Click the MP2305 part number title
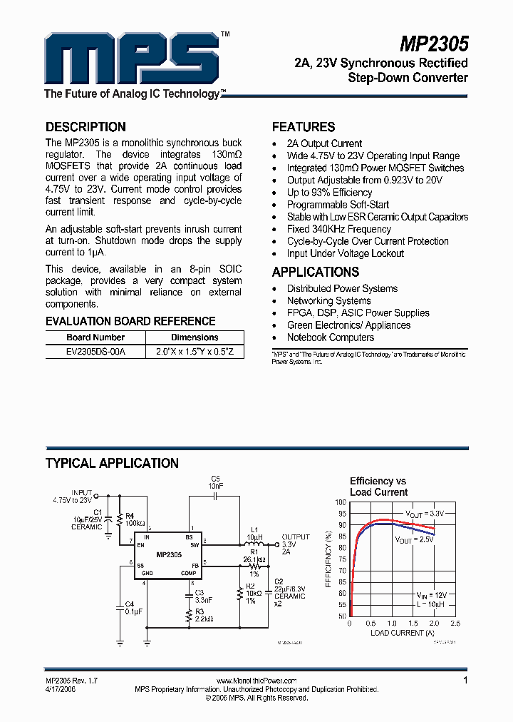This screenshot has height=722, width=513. pos(433,45)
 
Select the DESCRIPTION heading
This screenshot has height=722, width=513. pos(85,127)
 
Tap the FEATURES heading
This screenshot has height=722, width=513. pos(304,127)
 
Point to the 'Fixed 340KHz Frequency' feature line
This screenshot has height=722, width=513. pos(338,229)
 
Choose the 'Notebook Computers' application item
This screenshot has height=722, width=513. pos(330,337)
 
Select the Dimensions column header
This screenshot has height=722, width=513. pos(195,337)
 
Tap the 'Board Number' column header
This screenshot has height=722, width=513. pos(95,337)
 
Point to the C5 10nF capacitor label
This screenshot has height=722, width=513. pos(216,482)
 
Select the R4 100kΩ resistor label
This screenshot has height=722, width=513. pos(135,519)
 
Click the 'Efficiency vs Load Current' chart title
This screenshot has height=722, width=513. pos(378,487)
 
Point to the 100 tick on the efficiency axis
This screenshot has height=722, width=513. pos(341,502)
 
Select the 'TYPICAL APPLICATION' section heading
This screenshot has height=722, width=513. pos(112,464)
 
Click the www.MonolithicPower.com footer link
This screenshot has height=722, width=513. pos(256,681)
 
